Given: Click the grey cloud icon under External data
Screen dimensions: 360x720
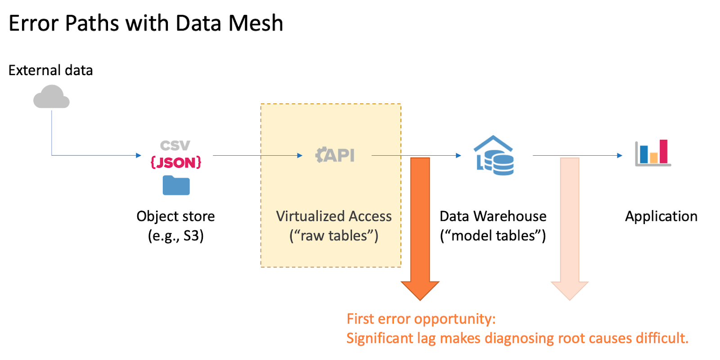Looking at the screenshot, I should coord(51,97).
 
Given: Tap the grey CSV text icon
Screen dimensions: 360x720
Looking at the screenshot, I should coord(175,146).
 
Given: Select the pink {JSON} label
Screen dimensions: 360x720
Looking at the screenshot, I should coord(176,162).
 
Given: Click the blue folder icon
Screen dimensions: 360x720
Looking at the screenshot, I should coord(176,185).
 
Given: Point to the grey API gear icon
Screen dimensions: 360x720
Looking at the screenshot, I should coord(335,155).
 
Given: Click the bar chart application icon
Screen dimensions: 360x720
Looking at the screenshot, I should coord(652,153).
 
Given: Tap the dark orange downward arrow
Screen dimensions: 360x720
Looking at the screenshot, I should coord(420,225).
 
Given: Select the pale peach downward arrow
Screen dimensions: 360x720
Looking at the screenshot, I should coord(570,225).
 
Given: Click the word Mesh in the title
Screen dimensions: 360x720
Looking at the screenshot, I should coord(256,23).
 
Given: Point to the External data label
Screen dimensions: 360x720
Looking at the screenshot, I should coord(50,71).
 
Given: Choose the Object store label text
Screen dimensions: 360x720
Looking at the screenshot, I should coord(175,216).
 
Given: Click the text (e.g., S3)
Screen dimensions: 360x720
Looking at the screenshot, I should coord(176,236).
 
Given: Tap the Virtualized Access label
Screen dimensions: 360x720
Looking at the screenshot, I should coord(334,216).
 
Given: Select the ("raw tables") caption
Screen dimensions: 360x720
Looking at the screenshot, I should coord(334,236).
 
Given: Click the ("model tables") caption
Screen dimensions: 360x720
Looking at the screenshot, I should coord(493,236).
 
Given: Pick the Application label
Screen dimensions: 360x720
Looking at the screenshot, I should coord(661,216).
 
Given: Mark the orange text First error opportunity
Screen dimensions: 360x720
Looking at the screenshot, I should coord(421,319).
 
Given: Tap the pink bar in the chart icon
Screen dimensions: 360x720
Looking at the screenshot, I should coord(663,151).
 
